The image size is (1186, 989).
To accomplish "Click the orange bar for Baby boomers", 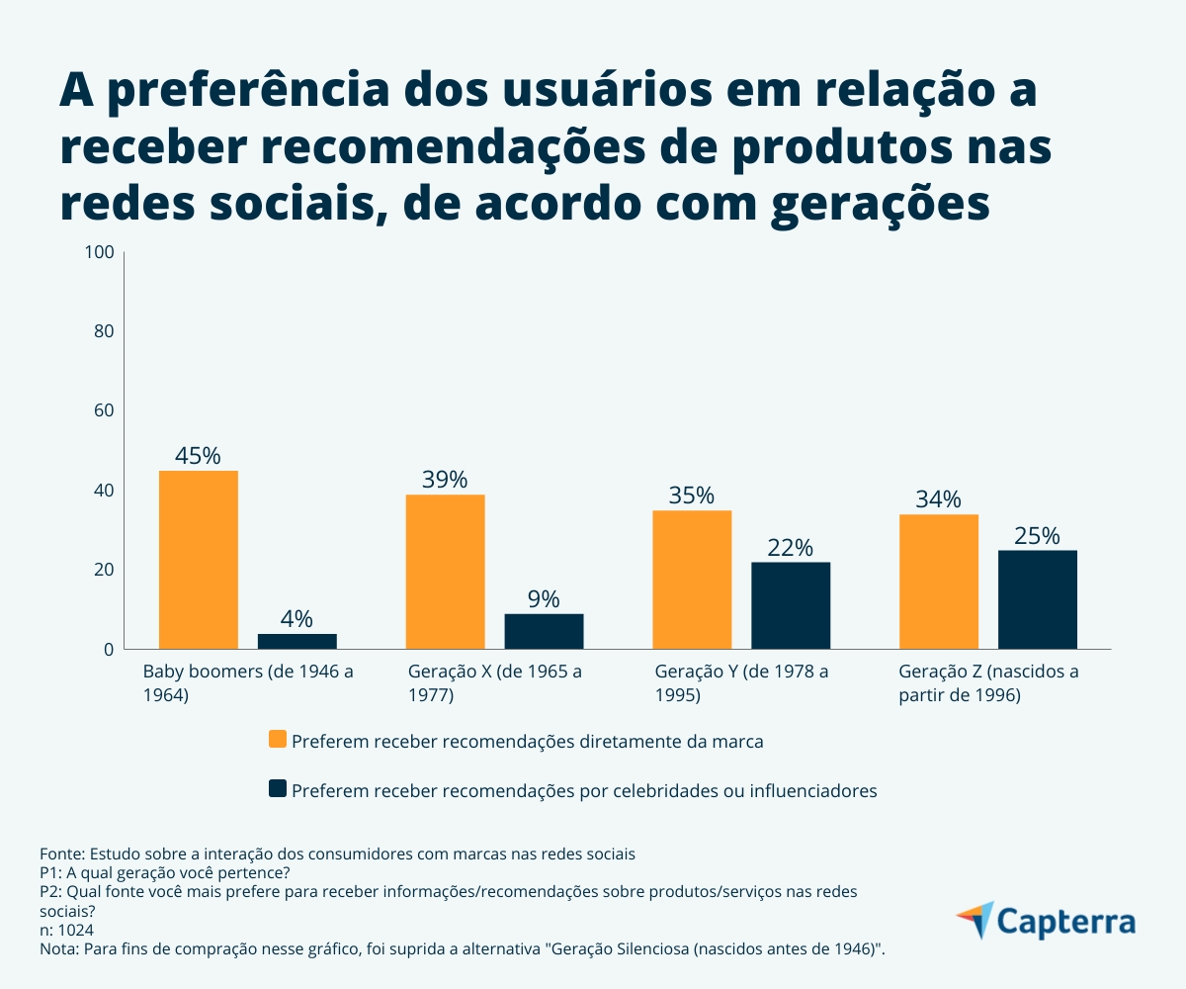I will point(198,560).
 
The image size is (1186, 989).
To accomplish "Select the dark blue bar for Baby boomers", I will point(296,641).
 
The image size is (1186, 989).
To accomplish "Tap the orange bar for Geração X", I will point(445,572).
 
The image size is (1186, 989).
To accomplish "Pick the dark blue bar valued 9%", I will point(544,631).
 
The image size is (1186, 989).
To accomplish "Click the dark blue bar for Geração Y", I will point(791,605).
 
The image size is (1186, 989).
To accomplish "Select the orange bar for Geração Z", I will point(938,582).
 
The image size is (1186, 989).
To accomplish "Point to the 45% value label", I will point(198,456).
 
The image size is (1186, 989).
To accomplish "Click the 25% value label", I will point(1037,536).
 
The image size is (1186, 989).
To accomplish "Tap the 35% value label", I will point(691,495).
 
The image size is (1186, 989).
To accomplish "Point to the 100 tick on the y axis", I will point(101,252).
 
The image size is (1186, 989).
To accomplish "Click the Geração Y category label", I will point(741,683).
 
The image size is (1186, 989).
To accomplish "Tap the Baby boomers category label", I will point(247,683).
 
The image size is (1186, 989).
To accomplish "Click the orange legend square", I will point(278,740).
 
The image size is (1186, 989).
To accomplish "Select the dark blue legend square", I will point(278,788).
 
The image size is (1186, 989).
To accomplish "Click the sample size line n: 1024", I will point(67,930).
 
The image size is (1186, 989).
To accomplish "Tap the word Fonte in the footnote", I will point(61,853).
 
